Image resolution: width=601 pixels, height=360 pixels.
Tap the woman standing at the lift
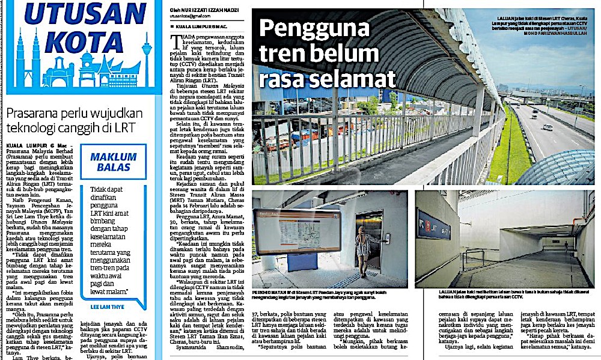pos(362,249)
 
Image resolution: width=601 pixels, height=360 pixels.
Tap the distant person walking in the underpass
pos(565,245)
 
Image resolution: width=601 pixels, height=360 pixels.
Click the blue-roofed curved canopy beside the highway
pos(556,168)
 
